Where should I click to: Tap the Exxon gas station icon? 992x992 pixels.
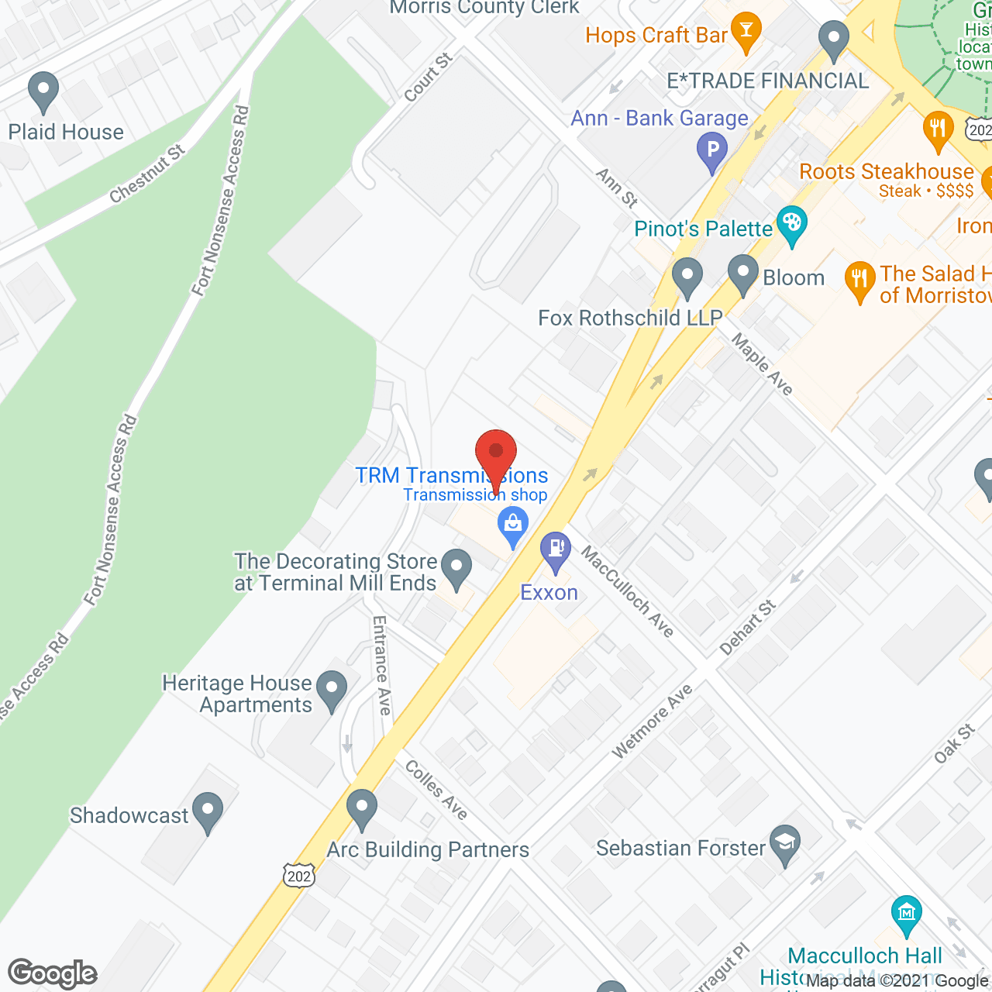556,550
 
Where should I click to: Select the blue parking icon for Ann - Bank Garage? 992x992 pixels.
711,150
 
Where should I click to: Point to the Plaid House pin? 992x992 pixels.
43,92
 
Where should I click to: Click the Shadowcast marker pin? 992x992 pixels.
207,811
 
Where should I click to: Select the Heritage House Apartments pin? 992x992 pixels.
333,690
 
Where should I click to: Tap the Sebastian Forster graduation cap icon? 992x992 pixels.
785,844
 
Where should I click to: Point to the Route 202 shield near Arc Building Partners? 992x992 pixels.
299,875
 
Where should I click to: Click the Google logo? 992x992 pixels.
53,973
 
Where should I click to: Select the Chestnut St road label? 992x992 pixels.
147,174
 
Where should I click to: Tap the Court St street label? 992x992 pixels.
428,77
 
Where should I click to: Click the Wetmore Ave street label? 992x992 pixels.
652,722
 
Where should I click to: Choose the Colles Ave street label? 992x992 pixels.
436,790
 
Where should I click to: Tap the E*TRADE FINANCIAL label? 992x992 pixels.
768,81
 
